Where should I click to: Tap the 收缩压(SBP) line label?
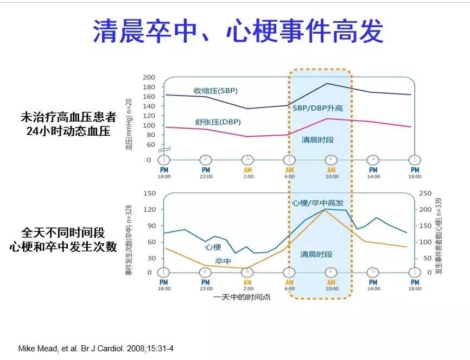tap(215, 90)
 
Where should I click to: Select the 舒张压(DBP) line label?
tap(218, 122)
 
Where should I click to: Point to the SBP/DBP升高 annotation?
tap(317, 109)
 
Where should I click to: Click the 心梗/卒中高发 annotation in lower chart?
tap(317, 203)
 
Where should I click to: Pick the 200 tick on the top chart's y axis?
tap(149, 78)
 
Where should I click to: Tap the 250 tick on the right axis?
tap(426, 193)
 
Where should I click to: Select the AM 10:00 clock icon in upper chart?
tap(331, 160)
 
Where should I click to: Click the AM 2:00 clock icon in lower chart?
tap(247, 272)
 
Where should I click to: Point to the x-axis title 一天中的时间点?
tap(242, 297)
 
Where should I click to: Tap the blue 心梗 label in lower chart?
tap(213, 247)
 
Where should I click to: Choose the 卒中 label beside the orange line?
tap(223, 262)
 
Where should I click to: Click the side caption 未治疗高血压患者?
tap(68, 117)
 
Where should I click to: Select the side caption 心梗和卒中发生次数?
tap(63, 247)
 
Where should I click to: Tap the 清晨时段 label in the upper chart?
tap(317, 140)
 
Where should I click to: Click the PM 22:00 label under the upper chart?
tap(206, 173)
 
